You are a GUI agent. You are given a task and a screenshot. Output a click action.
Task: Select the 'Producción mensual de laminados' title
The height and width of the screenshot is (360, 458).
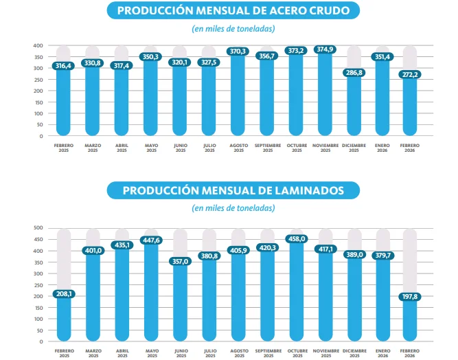(233, 190)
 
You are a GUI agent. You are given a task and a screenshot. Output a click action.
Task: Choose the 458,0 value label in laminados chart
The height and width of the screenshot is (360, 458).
(296, 237)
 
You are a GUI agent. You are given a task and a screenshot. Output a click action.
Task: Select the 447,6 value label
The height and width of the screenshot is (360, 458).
(150, 240)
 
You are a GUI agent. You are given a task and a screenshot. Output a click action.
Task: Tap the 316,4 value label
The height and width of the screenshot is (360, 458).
(63, 65)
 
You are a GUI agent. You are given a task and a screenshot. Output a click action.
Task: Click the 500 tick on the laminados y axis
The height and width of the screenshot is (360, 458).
(38, 228)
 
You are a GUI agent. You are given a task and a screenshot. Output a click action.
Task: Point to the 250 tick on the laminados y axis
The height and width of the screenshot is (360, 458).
(38, 284)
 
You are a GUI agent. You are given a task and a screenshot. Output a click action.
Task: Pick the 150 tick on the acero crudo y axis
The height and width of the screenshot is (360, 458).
(38, 102)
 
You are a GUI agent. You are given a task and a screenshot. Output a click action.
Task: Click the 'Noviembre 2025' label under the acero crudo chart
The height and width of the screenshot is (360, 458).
(325, 148)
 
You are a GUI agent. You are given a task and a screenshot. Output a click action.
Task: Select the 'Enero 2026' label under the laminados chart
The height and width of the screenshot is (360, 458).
(383, 353)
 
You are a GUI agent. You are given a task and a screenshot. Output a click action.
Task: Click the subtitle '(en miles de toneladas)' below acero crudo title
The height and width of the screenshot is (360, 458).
(233, 29)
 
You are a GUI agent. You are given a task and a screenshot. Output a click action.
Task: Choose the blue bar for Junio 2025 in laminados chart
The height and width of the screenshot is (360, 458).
(180, 302)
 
